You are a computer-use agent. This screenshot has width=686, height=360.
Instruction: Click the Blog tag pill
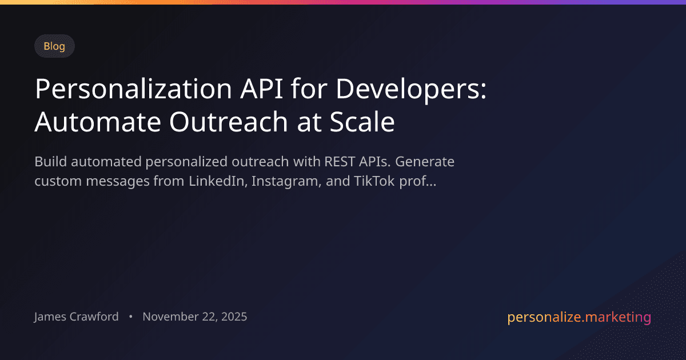[x=54, y=46]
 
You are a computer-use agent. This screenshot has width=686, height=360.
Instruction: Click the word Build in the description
[x=48, y=162]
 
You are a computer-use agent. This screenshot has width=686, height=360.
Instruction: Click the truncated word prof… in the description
[x=422, y=182]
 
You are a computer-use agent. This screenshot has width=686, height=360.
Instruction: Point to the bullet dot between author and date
[x=131, y=317]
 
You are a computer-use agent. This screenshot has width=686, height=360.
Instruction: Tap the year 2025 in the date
[x=233, y=317]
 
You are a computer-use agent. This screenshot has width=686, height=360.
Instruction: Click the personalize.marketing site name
[x=579, y=317]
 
